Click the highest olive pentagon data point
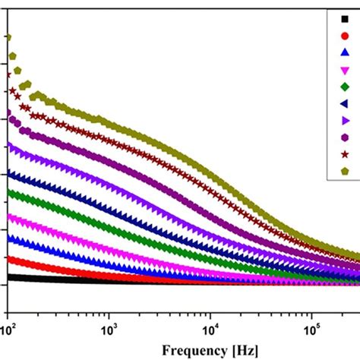click(8, 36)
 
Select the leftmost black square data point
click(8, 277)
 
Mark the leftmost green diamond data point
click(8, 193)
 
